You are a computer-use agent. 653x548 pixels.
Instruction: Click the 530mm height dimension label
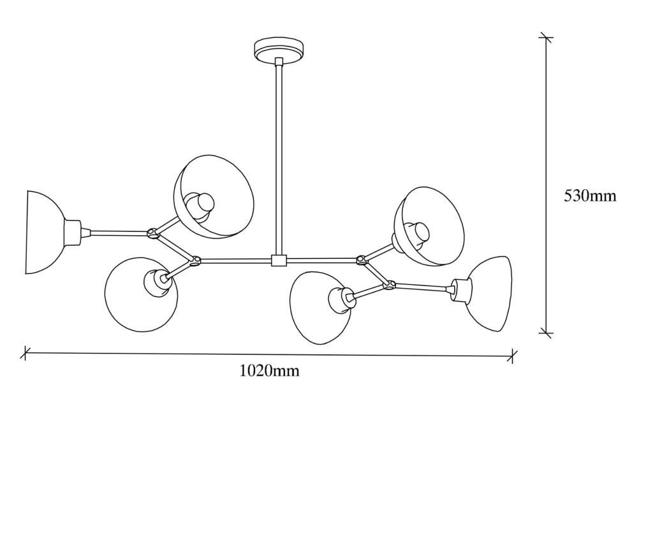point(590,196)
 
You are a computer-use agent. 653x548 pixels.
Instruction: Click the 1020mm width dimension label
point(270,370)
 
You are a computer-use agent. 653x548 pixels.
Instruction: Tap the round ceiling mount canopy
point(279,51)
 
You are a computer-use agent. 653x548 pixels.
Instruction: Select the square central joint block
point(279,261)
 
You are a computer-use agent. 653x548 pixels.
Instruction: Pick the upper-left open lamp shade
point(214,197)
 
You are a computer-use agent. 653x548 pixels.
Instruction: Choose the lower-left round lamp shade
point(141,294)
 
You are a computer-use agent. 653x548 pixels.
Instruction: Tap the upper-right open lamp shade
point(430,226)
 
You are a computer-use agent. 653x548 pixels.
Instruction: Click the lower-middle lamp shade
point(319,308)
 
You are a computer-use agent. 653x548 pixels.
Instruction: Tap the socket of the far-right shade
point(462,290)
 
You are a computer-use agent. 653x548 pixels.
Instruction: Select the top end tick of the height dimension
point(546,38)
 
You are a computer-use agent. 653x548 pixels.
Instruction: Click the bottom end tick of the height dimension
point(546,333)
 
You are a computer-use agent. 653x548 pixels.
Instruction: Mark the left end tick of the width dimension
point(26,353)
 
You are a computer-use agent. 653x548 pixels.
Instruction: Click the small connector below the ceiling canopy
point(279,62)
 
